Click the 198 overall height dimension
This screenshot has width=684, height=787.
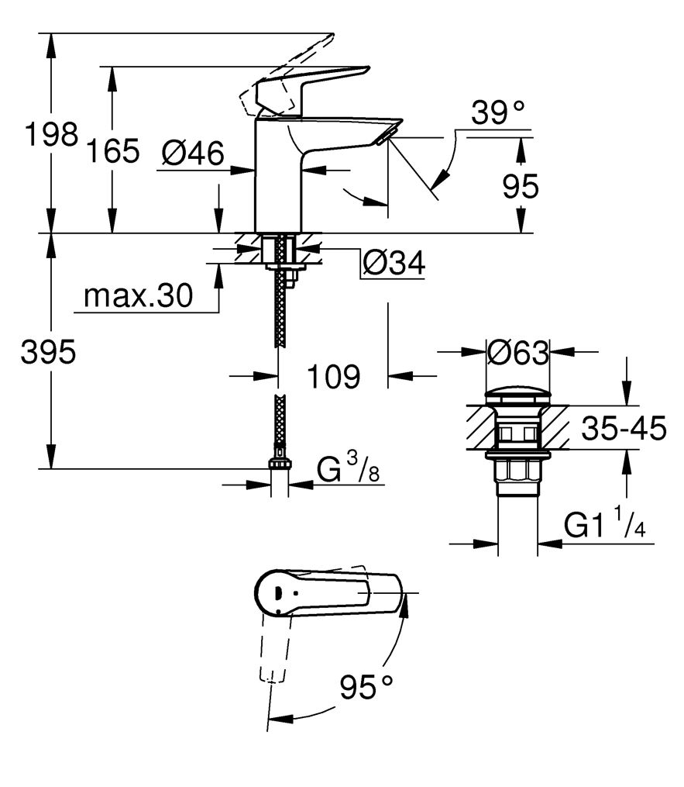(x=50, y=134)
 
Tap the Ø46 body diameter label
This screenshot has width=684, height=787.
(x=193, y=154)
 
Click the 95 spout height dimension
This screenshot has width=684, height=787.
(x=520, y=187)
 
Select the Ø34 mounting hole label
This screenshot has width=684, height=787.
(x=394, y=264)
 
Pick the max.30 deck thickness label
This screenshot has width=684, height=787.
(x=137, y=295)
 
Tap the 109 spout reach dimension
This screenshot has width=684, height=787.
(x=334, y=377)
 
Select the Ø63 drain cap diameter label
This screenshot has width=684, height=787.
(x=517, y=353)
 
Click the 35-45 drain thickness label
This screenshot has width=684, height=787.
(x=624, y=427)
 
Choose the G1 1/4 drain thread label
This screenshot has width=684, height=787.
(x=604, y=526)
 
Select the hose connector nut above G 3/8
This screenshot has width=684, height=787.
(x=279, y=462)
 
